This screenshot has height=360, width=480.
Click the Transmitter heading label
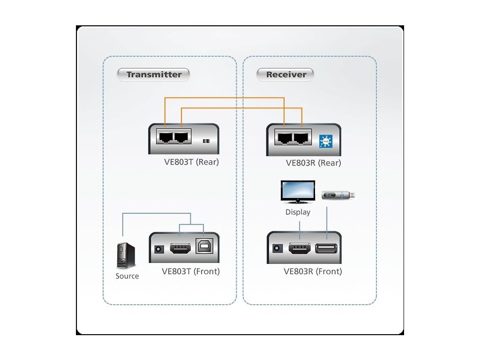[154, 75]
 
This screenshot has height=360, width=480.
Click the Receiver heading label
[286, 75]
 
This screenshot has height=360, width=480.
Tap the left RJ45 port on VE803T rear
[165, 137]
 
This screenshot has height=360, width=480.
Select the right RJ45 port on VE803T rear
[182, 137]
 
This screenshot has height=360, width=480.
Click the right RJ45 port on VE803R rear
[301, 138]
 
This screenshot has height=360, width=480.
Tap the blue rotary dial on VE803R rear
[325, 142]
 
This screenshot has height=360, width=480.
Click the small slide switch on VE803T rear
[206, 141]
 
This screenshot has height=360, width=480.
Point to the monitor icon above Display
[298, 192]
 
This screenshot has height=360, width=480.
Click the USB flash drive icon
[338, 195]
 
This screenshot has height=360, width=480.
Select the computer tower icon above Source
[126, 255]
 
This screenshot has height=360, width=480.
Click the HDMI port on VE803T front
[180, 248]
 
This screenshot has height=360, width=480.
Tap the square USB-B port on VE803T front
[204, 246]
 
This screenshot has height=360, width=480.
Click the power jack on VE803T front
[159, 249]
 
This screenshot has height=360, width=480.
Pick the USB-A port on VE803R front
[326, 247]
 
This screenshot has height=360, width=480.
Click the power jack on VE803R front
[277, 247]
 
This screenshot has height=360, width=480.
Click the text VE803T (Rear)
[192, 162]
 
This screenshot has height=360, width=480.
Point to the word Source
[127, 276]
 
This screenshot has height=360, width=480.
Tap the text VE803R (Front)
[313, 271]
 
